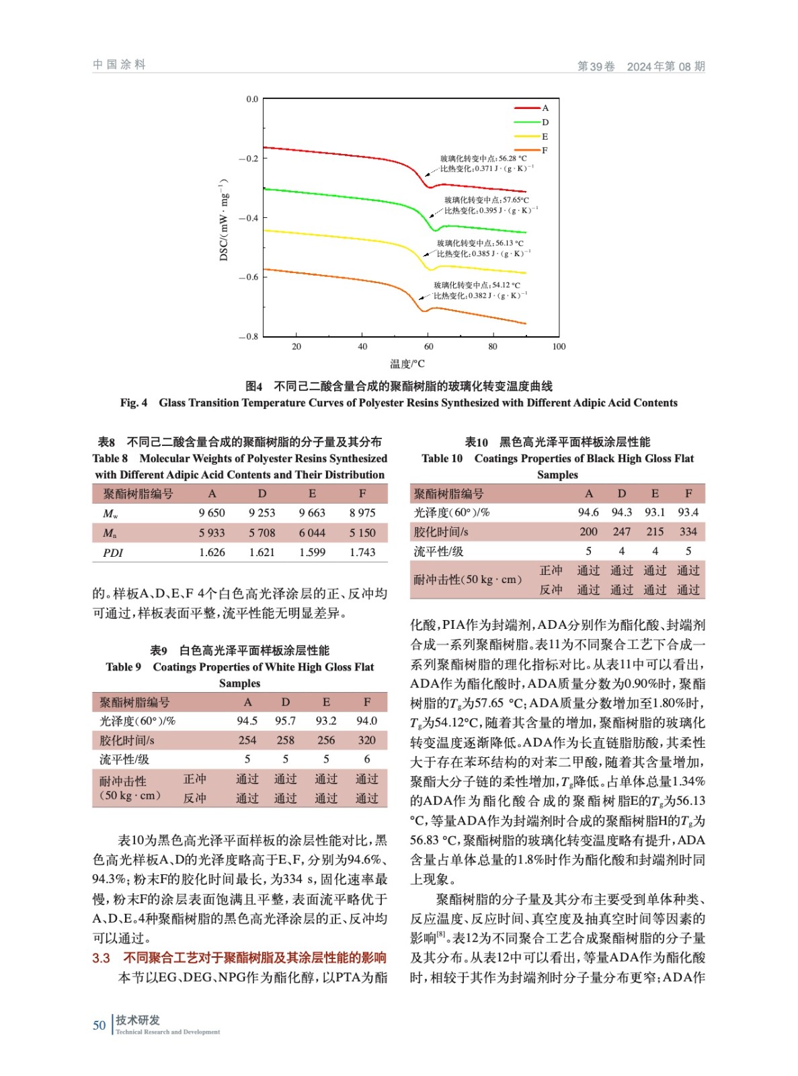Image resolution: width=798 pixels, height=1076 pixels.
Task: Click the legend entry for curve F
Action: pyautogui.click(x=545, y=151)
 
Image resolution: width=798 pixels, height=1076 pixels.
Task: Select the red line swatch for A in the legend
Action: pyautogui.click(x=527, y=108)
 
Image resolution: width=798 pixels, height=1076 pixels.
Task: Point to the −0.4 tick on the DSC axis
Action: pyautogui.click(x=248, y=218)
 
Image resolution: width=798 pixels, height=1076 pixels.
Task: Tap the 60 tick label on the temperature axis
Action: pyautogui.click(x=428, y=346)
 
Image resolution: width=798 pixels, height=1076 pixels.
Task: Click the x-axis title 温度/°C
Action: pyautogui.click(x=407, y=364)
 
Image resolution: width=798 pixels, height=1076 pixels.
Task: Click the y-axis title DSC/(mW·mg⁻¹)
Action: pyautogui.click(x=224, y=219)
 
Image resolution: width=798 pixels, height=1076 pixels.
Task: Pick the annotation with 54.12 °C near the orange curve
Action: pyautogui.click(x=477, y=285)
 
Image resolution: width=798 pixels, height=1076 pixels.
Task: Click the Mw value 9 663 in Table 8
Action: pyautogui.click(x=312, y=513)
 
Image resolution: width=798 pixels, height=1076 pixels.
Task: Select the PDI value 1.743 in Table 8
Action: pyautogui.click(x=362, y=552)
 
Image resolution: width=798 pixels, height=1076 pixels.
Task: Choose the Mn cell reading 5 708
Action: pyautogui.click(x=262, y=533)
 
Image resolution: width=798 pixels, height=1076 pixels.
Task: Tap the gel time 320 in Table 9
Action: pyautogui.click(x=366, y=740)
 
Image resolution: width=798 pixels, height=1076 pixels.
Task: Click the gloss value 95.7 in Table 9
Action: pyautogui.click(x=285, y=720)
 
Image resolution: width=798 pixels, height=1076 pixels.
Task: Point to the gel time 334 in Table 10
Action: pyautogui.click(x=688, y=531)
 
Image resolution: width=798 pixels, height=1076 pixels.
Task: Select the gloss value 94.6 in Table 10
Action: pyautogui.click(x=588, y=512)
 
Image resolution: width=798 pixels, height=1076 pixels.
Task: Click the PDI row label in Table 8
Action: pyautogui.click(x=113, y=553)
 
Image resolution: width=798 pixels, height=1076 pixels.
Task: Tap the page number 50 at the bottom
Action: pyautogui.click(x=99, y=1025)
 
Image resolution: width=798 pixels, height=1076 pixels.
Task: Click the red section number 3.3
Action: pyautogui.click(x=101, y=958)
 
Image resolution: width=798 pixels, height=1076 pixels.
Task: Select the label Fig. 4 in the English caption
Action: pyautogui.click(x=133, y=403)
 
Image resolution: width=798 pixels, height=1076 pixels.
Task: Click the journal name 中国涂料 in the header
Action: pyautogui.click(x=119, y=65)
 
